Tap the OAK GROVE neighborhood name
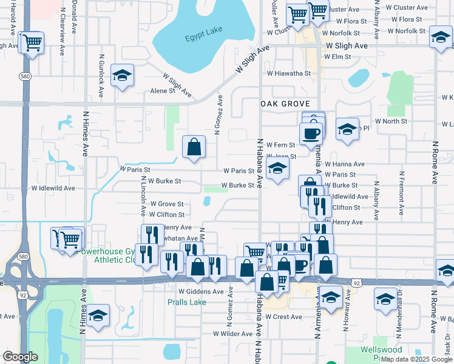pos(281,104)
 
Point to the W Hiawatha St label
pos(289,73)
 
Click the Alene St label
pos(163,91)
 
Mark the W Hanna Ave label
pos(345,164)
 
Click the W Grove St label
pos(167,204)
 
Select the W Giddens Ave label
pos(202,291)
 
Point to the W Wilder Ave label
pos(232,334)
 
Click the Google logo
pos(21,357)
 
